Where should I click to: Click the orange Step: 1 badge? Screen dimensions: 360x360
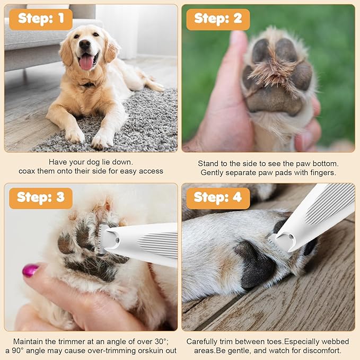click(x=41, y=20)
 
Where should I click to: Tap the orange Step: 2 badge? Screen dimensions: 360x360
click(x=218, y=20)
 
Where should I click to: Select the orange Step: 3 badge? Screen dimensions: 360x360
click(x=41, y=198)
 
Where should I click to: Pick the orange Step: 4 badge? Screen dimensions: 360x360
click(x=218, y=198)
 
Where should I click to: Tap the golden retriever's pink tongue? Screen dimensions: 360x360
click(x=86, y=62)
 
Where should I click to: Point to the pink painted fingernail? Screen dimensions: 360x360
click(x=30, y=270)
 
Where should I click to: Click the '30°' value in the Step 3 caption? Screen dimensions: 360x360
click(x=160, y=341)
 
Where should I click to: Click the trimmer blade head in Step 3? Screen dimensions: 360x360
click(x=103, y=239)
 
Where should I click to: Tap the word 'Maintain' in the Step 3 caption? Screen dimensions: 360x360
click(x=28, y=341)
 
